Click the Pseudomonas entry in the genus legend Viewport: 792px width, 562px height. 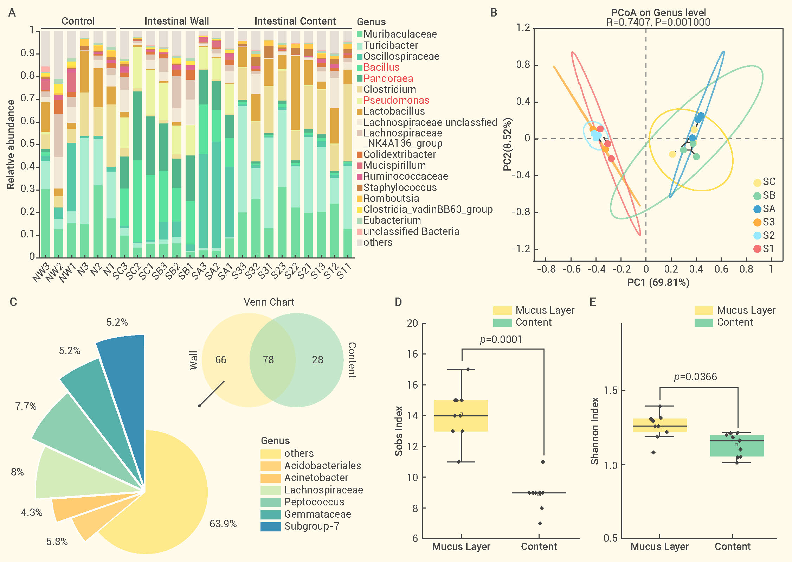(x=396, y=100)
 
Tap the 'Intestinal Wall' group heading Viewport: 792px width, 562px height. (x=176, y=21)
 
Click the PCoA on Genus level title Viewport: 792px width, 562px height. (x=658, y=13)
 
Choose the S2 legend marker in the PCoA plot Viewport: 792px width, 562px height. (x=757, y=236)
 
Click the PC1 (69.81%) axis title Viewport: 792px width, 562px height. (x=658, y=282)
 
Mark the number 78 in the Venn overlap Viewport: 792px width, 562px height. (x=268, y=359)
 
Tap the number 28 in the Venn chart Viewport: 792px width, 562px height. (x=317, y=359)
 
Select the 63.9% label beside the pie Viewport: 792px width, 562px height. (x=223, y=524)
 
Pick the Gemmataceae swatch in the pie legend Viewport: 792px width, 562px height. (x=271, y=514)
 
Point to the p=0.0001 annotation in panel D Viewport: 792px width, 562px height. (x=501, y=340)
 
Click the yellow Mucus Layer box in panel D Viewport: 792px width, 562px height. (x=461, y=416)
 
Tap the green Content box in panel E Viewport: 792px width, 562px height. (x=737, y=446)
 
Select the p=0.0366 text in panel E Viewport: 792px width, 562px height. (x=695, y=377)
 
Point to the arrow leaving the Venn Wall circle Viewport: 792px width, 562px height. (x=211, y=394)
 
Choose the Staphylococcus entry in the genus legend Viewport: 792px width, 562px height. (x=400, y=187)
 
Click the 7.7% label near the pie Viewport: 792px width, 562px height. (x=26, y=407)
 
